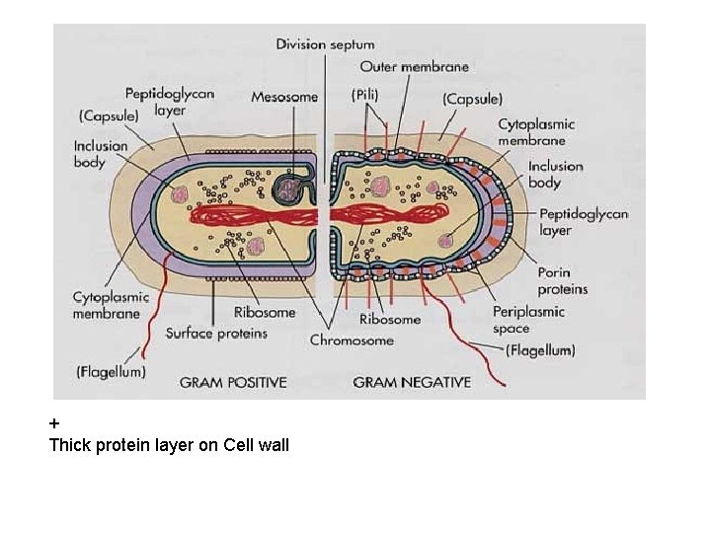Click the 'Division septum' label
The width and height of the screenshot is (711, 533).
tap(326, 44)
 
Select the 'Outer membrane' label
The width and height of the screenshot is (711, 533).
tap(414, 67)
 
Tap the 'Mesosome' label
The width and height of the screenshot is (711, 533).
tap(284, 97)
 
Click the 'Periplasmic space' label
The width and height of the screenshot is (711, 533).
tap(528, 320)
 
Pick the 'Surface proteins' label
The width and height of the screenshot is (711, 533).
tap(216, 334)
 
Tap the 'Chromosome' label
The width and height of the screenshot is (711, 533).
tap(352, 341)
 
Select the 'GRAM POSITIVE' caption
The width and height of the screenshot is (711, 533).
tap(233, 382)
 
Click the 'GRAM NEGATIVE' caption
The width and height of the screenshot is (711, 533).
tap(412, 382)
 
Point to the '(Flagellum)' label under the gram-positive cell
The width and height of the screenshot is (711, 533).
tap(111, 371)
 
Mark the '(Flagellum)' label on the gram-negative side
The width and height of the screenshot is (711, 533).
tap(539, 350)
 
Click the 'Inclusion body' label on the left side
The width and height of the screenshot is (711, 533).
tap(101, 154)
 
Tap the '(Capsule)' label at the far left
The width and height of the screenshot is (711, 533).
tap(109, 115)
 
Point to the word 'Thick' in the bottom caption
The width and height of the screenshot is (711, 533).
tap(70, 445)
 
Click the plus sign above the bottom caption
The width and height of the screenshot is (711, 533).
tap(54, 424)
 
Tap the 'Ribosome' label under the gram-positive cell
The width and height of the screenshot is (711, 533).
tap(265, 313)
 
